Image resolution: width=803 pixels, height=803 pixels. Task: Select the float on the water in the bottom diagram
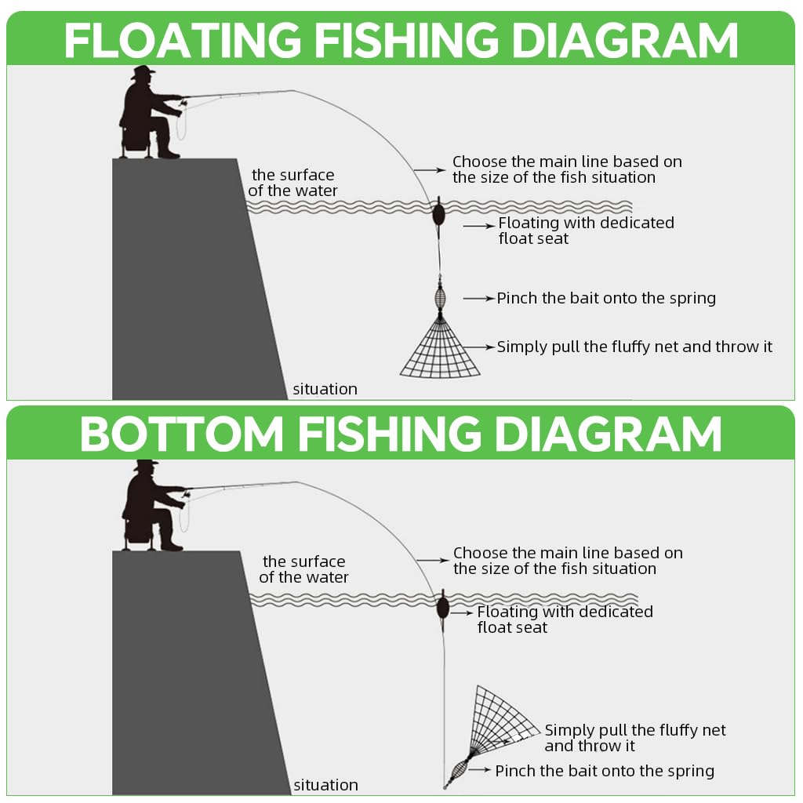pos(442,606)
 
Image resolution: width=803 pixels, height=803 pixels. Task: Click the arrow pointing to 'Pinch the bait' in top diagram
pos(478,299)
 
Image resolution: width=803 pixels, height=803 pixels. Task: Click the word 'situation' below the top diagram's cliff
pos(325,389)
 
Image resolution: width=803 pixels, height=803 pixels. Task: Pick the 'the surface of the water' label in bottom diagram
pos(303,569)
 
